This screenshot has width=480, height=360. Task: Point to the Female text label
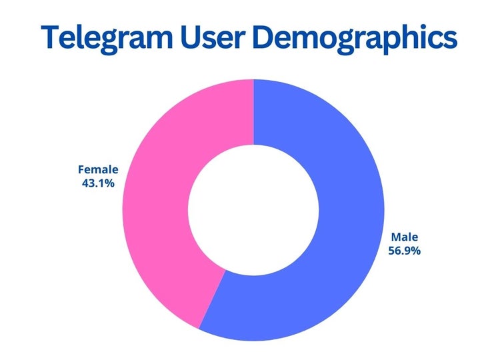pos(98,169)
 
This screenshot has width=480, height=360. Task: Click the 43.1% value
pos(98,183)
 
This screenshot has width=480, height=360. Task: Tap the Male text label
pos(404,237)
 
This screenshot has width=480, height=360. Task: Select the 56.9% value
pos(404,251)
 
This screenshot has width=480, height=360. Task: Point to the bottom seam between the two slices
pos(213,299)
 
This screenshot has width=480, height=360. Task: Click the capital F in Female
pos(81,169)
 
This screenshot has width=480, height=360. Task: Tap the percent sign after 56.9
pos(417,251)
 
